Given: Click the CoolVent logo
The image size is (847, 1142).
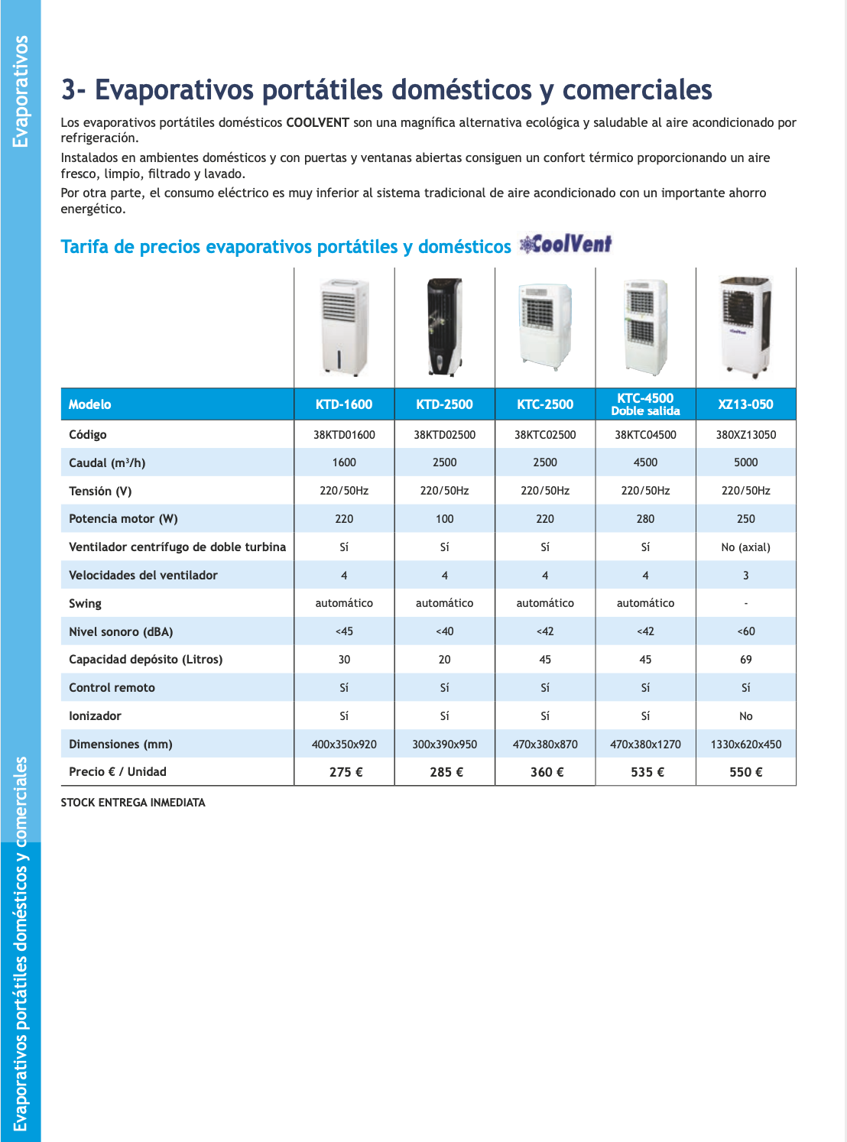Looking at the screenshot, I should click(x=566, y=245).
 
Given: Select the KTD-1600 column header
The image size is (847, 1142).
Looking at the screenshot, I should click(x=344, y=404).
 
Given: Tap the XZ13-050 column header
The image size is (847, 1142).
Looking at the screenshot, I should click(x=745, y=404).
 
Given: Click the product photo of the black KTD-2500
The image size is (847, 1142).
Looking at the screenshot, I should click(x=445, y=327).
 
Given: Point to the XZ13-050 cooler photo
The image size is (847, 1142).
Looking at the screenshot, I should click(x=745, y=327).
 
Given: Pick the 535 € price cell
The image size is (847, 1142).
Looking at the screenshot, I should click(x=647, y=772).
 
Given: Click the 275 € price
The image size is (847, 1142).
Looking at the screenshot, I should click(x=346, y=772).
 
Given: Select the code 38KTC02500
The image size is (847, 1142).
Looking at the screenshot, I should click(x=545, y=435).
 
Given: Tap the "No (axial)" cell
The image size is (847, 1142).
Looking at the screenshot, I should click(x=745, y=547).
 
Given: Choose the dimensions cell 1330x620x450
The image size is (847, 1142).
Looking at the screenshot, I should click(x=745, y=745).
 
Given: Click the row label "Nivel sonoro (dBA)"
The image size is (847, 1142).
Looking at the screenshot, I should click(x=121, y=632).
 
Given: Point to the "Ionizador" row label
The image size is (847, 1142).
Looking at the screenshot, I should click(x=95, y=716).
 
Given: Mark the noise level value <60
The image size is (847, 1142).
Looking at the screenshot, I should click(x=745, y=631).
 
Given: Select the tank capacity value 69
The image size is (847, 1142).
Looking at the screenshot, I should click(x=745, y=660).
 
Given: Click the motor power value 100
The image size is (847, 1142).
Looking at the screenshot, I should click(x=445, y=519).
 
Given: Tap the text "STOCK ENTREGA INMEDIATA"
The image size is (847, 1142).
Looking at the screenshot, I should click(x=133, y=803).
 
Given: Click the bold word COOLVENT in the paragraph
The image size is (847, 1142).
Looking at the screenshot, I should click(x=317, y=123).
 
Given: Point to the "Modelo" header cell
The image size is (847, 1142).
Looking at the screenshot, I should click(x=90, y=404).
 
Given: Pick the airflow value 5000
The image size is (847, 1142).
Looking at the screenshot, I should click(x=745, y=462).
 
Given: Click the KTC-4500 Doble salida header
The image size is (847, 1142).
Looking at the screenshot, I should click(x=645, y=404).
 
